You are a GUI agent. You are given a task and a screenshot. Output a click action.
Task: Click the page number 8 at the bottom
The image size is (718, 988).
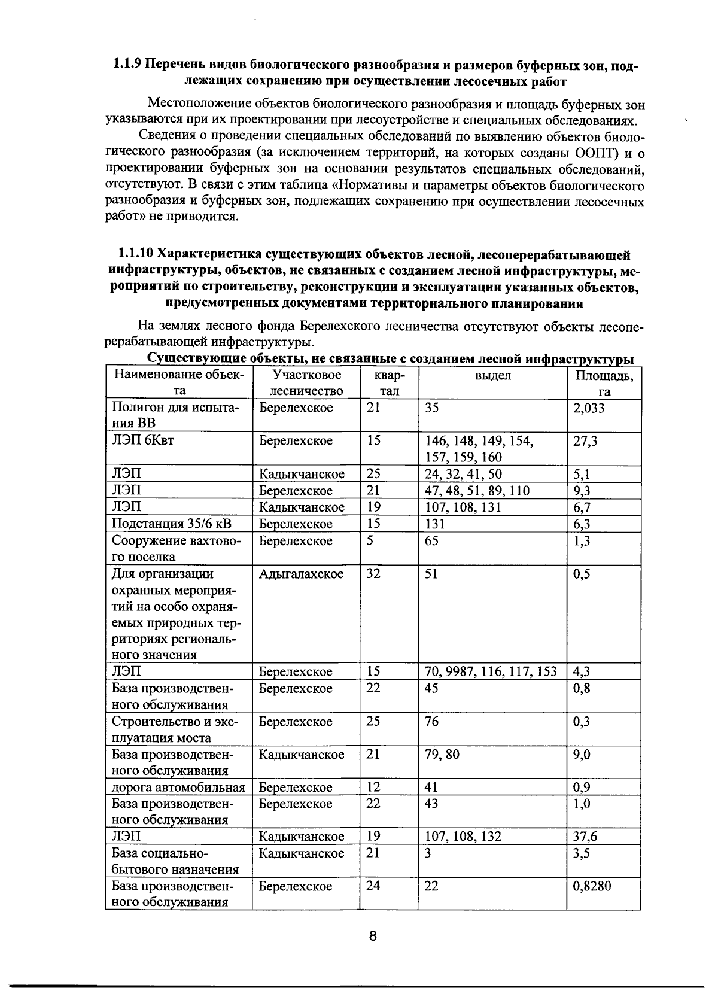[372, 936]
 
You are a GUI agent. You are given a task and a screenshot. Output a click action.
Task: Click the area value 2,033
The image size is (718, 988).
[589, 408]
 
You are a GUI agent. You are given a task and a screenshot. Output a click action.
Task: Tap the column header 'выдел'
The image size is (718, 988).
[492, 376]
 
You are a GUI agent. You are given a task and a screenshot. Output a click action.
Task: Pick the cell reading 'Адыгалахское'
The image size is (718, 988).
[301, 574]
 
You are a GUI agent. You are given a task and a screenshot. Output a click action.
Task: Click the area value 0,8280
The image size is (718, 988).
[592, 886]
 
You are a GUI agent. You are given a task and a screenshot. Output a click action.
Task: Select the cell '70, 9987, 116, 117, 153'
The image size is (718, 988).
[491, 672]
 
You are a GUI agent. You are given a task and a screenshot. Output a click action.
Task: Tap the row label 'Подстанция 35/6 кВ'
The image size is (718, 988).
[172, 524]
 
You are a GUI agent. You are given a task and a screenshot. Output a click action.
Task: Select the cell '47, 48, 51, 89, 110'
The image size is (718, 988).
[477, 491]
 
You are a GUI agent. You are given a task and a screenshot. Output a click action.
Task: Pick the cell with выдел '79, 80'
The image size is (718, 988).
[442, 755]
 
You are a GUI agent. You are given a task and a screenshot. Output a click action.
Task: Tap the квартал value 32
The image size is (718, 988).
[373, 574]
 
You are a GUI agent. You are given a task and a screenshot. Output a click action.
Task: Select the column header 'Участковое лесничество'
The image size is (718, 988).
[306, 384]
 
